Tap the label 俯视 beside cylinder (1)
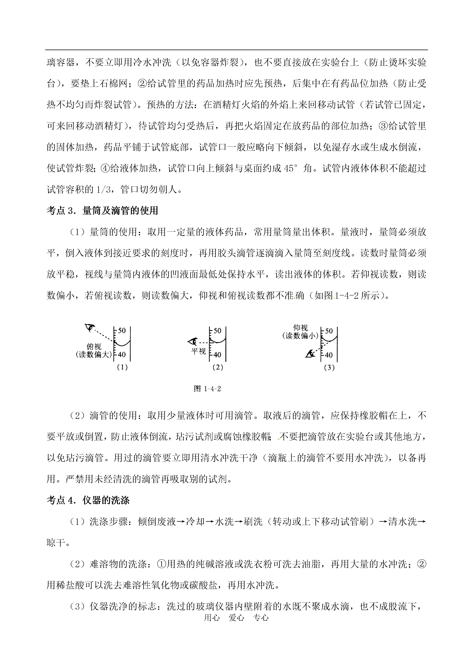coord(94,347)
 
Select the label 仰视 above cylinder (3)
coord(300,328)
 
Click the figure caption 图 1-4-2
coord(207,389)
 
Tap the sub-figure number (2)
coord(217,367)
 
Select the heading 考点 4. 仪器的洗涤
coord(88,500)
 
